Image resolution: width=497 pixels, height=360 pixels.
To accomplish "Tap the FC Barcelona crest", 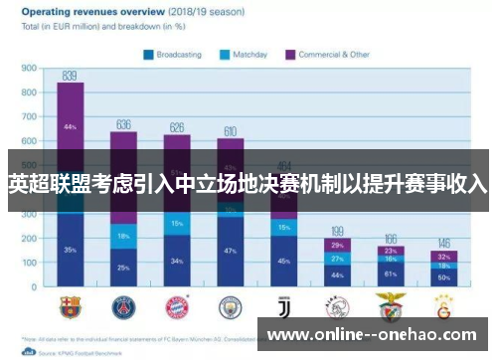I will pos(71,304).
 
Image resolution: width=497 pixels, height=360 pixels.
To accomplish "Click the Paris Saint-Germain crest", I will pos(123,304).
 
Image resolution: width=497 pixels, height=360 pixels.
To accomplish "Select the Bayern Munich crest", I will pos(177,304).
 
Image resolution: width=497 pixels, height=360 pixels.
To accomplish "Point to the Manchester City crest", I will pos(231,304).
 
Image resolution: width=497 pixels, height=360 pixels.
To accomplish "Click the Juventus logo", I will pos(284,304).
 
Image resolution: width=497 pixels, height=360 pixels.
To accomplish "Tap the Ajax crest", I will pos(337,304).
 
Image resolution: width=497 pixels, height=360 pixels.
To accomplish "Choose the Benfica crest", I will pos(391,304).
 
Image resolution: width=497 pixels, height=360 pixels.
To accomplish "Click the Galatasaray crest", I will pos(444,304).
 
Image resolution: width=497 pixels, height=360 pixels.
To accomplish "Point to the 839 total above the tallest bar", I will pos(70,76).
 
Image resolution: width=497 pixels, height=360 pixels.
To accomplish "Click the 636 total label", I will pos(123,124).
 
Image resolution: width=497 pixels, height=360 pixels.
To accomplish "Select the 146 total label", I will pos(444,243).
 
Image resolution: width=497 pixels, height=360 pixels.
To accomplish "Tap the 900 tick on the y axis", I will pos(30,69).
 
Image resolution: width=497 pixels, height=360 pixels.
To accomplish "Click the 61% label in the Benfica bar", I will pos(391,273).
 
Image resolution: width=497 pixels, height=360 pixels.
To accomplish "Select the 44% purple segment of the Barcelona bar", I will pos(70,127).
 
